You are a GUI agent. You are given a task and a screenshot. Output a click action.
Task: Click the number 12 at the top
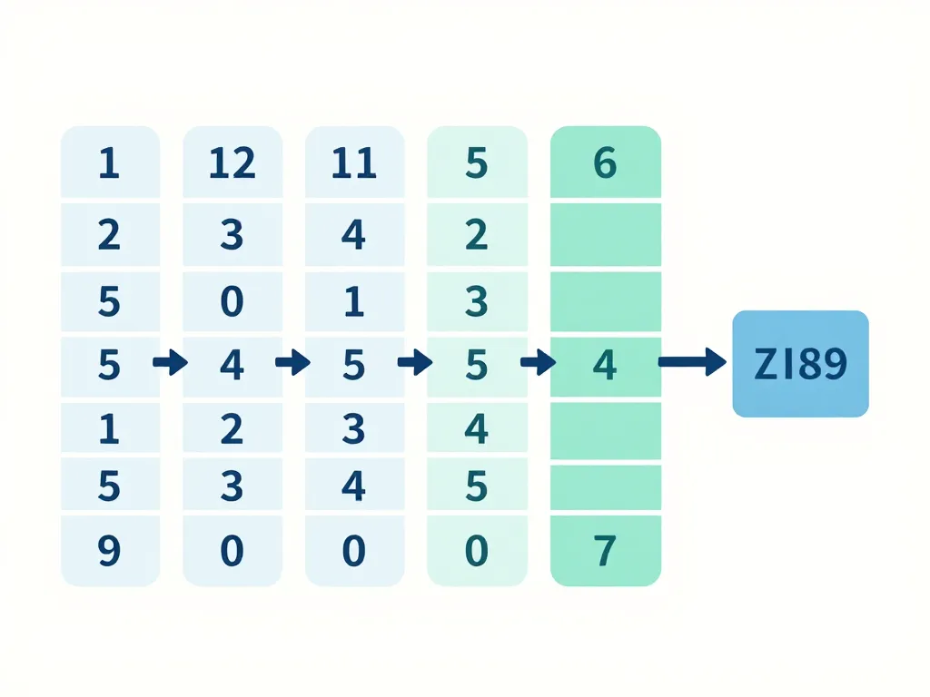tap(232, 163)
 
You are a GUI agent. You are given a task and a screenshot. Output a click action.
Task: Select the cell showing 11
tap(353, 163)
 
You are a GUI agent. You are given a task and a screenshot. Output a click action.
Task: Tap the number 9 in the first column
tap(109, 551)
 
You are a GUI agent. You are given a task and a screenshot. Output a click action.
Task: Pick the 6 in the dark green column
tap(605, 163)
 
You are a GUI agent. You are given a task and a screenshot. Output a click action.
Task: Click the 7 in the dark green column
tap(605, 550)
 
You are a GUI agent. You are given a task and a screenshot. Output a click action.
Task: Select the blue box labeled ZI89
tap(800, 364)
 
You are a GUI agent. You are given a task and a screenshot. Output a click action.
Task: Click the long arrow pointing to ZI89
tap(691, 363)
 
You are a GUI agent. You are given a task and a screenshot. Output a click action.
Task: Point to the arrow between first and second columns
tap(170, 364)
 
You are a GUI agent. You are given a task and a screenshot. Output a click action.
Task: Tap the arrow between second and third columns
tap(292, 364)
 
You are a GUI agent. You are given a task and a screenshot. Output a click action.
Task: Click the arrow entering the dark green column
tap(537, 364)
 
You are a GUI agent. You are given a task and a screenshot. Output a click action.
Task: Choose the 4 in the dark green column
tap(605, 365)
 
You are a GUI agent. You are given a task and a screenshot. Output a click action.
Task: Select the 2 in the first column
tap(109, 235)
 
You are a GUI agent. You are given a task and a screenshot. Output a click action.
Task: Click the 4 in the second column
tap(232, 365)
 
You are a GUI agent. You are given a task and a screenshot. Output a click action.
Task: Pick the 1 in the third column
tap(353, 300)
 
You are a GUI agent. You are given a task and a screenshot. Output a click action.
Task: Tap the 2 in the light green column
tap(477, 235)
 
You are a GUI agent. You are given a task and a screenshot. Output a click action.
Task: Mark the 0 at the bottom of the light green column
tap(477, 551)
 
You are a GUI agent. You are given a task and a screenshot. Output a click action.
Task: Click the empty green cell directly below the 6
tap(606, 235)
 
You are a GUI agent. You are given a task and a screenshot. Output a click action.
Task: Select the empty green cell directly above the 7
tap(606, 487)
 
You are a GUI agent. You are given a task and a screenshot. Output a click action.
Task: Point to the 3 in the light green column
tap(477, 300)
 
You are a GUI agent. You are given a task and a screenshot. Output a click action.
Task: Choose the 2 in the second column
tap(232, 428)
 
